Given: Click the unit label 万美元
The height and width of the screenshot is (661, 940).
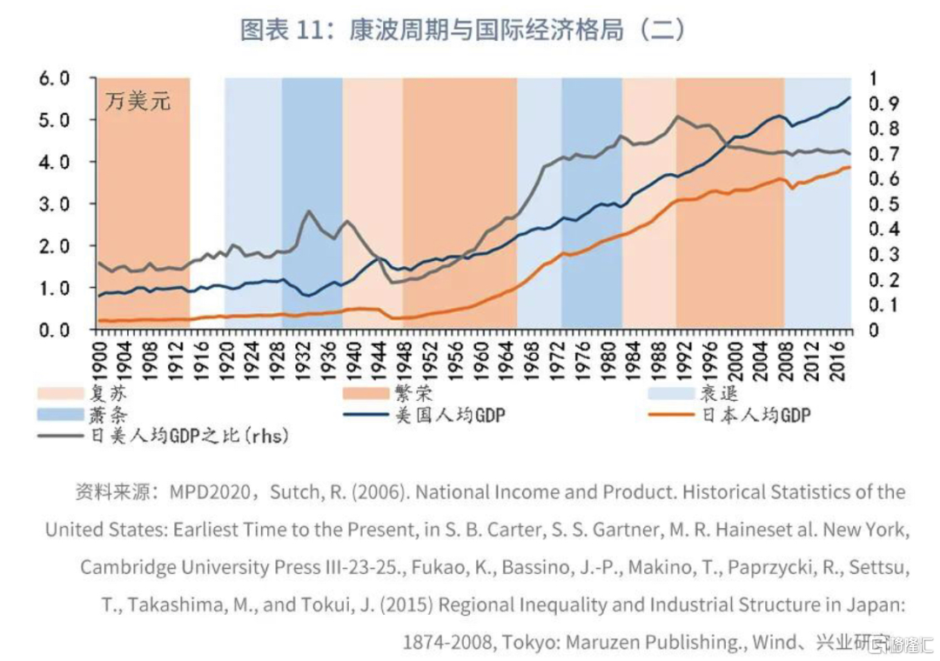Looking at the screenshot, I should (138, 101).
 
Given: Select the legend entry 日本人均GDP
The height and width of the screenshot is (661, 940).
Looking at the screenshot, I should (755, 415).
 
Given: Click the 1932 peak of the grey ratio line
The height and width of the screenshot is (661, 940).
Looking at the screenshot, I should (309, 211).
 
